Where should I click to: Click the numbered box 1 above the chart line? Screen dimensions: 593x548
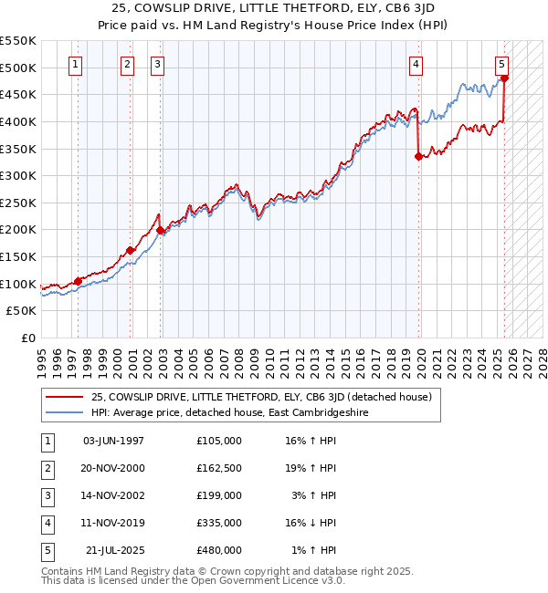click(74, 64)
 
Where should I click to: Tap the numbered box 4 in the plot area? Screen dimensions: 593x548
click(416, 64)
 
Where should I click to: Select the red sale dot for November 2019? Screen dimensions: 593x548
click(418, 156)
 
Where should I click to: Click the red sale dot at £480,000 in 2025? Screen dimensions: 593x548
click(504, 78)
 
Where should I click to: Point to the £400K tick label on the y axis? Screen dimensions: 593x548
click(18, 121)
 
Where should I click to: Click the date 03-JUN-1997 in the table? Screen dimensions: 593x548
click(113, 441)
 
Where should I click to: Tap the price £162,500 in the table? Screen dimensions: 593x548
click(219, 468)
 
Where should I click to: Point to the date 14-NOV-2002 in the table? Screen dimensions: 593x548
click(113, 495)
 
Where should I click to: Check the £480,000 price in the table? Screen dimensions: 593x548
click(219, 550)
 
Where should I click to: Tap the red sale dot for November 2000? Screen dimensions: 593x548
click(131, 250)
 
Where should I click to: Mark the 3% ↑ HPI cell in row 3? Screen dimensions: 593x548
click(314, 495)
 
